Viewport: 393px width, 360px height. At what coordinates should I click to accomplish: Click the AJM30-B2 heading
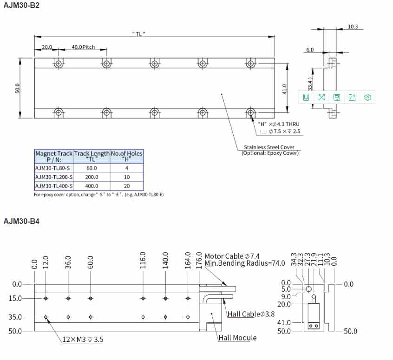[x=21, y=5]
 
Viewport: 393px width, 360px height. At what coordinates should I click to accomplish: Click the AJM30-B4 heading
[x=21, y=221]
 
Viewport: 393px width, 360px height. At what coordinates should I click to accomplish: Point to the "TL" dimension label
[x=138, y=34]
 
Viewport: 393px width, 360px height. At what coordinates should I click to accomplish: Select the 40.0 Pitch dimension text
[x=83, y=47]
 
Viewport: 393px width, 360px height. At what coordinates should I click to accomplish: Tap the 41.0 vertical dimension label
[x=284, y=89]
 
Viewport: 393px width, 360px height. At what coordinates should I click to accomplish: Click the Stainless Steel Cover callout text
[x=269, y=147]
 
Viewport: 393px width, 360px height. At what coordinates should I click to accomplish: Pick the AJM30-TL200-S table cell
[x=54, y=177]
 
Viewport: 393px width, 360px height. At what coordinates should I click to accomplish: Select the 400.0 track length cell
[x=92, y=186]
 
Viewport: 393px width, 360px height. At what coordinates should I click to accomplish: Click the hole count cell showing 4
[x=127, y=168]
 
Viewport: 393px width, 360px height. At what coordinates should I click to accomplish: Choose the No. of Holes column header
[x=127, y=156]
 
